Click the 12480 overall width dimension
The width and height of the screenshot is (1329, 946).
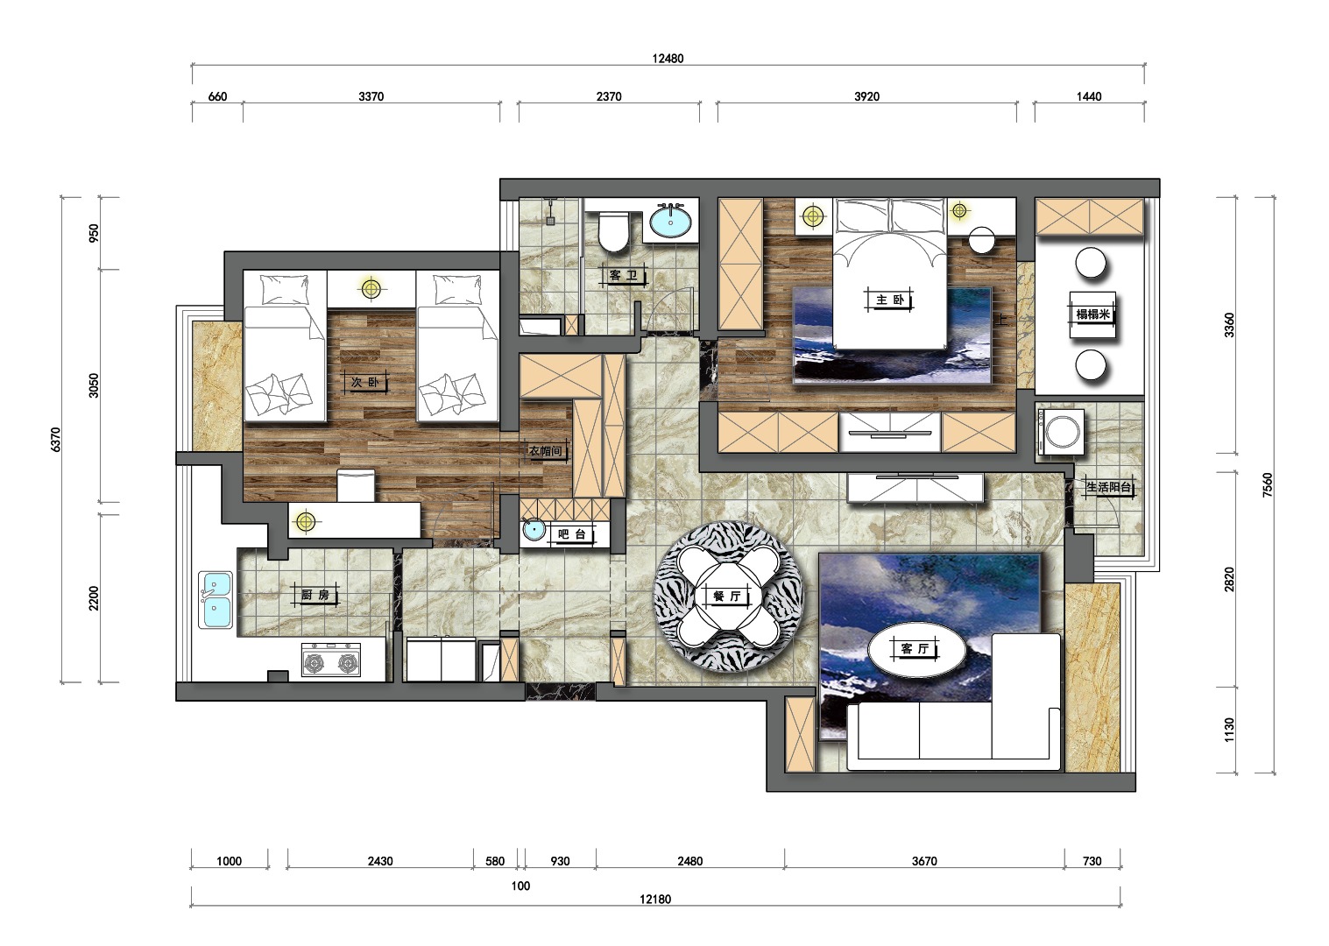(668, 58)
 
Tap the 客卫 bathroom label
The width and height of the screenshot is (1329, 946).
(623, 275)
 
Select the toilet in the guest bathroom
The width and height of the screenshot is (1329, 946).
(613, 232)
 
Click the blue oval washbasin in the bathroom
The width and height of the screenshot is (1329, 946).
(670, 222)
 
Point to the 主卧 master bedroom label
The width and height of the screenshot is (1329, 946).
(890, 300)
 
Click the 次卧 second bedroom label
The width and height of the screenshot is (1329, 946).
(364, 382)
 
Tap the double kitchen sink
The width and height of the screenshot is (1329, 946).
(216, 600)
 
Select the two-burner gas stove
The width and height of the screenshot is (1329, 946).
(331, 660)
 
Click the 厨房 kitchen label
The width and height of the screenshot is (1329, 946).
(315, 594)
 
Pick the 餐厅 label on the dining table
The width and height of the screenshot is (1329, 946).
(727, 597)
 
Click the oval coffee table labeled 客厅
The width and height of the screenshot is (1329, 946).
(916, 649)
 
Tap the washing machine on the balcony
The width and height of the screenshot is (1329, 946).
(1061, 432)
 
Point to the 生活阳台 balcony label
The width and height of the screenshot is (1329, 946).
(1109, 488)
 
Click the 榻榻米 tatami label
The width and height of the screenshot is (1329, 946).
(1092, 314)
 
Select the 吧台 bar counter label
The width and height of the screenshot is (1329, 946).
(572, 534)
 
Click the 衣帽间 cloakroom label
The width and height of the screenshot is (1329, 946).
(545, 451)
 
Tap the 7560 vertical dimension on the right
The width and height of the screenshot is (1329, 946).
(1268, 484)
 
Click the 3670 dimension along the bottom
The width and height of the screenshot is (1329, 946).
(924, 861)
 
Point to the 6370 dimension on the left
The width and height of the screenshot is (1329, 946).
(55, 440)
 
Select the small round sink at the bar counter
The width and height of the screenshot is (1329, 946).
(534, 529)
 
